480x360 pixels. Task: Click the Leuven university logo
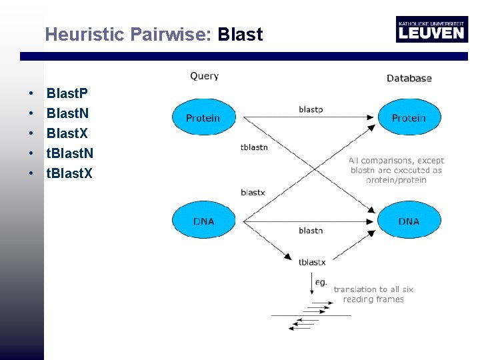[431, 29]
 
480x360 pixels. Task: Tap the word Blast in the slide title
[240, 35]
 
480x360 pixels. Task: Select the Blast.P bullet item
[67, 93]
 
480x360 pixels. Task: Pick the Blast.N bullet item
[67, 113]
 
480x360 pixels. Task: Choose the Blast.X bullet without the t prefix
[67, 133]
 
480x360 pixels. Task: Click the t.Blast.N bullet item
[69, 153]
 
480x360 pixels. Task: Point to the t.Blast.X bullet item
[69, 173]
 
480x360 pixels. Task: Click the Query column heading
[204, 76]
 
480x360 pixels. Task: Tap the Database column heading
[409, 78]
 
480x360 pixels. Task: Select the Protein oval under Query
[203, 118]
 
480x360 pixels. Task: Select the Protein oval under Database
[409, 118]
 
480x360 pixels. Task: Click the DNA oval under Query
[203, 221]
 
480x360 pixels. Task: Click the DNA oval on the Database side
[409, 221]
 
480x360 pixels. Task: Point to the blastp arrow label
[311, 109]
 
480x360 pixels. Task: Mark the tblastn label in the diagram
[254, 147]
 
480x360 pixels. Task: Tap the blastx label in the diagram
[253, 192]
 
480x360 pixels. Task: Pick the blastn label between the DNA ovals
[311, 231]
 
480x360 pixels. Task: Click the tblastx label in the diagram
[312, 263]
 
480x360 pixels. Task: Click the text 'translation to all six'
[373, 289]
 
